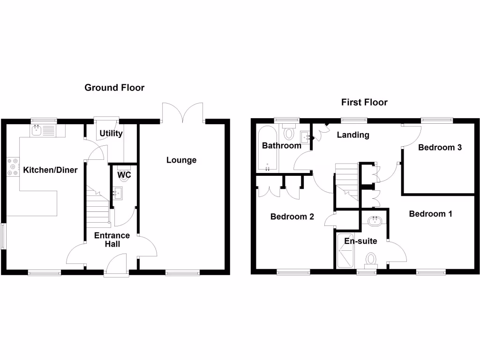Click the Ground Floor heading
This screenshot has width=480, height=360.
point(114,88)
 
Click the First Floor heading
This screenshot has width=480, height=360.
point(364,102)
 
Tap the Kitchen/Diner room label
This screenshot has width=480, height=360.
point(50,170)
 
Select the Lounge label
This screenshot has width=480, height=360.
point(181,160)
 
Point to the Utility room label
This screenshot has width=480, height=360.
point(111,134)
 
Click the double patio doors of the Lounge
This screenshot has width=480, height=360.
point(183,112)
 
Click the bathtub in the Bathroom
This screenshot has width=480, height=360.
point(266,148)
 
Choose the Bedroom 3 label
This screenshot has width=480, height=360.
point(440,148)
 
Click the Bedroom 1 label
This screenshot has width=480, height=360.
point(430,214)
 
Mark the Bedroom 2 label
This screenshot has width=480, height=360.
point(292,217)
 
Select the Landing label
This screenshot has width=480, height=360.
point(353,135)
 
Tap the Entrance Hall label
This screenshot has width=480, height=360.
point(112,240)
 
